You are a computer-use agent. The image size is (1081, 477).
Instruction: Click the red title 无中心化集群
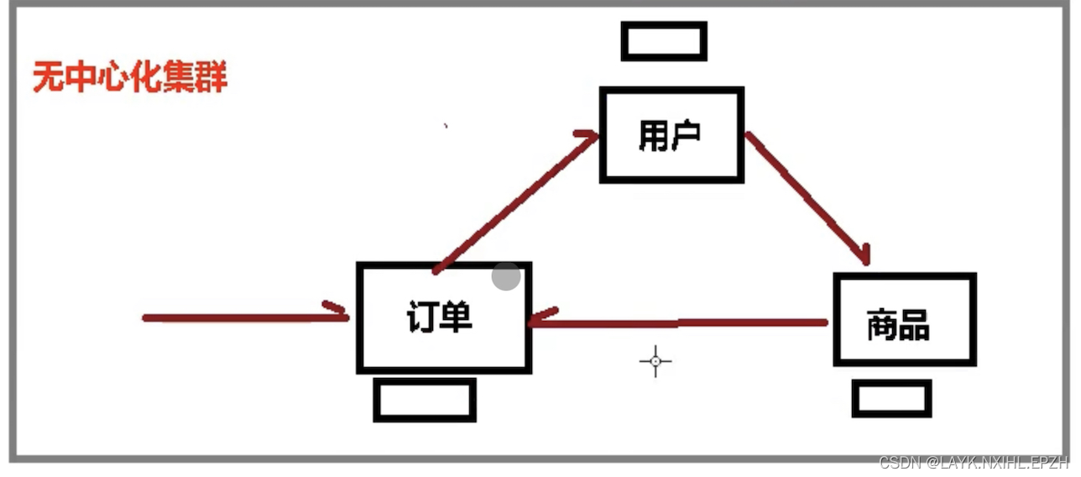tap(130, 78)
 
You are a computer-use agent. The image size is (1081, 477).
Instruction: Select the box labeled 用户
tap(671, 134)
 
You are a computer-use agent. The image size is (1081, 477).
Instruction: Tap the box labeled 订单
tap(443, 317)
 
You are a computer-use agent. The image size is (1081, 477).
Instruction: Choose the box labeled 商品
tap(905, 320)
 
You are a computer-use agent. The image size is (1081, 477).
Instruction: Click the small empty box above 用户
tap(664, 41)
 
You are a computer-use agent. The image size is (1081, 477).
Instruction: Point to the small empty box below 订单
tap(425, 400)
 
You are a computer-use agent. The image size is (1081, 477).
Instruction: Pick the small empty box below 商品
tap(891, 398)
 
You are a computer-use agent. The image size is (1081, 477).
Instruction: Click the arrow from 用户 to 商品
tap(806, 197)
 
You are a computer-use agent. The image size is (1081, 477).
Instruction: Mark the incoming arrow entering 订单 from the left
tap(243, 317)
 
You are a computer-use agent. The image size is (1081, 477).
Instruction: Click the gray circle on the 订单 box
tap(505, 275)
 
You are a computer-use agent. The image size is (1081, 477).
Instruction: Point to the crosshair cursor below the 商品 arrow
tap(655, 361)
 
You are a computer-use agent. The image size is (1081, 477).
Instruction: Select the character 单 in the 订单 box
tap(457, 317)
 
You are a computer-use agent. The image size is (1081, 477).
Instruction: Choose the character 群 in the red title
tap(211, 78)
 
